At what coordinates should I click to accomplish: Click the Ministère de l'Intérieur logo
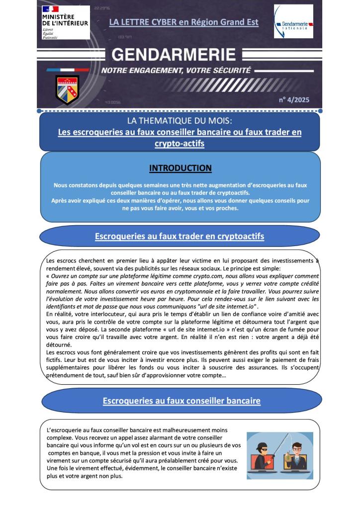[65, 23]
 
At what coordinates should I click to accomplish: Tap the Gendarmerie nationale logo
[293, 22]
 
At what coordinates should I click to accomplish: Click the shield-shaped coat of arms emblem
[67, 89]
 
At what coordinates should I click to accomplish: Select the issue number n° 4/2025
[294, 100]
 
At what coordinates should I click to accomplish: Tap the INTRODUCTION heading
[180, 168]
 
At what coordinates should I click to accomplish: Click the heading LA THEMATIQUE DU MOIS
[180, 121]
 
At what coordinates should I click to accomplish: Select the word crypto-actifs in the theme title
[180, 143]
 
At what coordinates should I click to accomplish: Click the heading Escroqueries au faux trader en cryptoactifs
[180, 236]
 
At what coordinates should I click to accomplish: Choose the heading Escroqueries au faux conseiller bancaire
[181, 401]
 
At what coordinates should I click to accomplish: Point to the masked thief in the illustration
[262, 450]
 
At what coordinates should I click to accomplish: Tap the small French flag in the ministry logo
[50, 9]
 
